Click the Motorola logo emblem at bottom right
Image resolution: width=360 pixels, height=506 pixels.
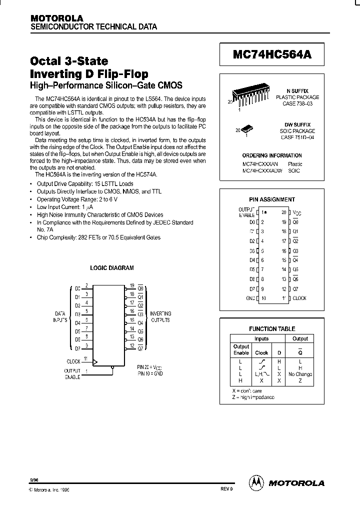[x=256, y=482]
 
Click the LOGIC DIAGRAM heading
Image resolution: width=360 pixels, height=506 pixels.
[x=111, y=268]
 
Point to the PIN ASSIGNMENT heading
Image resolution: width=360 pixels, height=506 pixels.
[x=272, y=199]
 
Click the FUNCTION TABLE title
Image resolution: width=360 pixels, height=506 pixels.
[x=272, y=329]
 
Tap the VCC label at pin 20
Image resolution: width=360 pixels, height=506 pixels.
[x=297, y=213]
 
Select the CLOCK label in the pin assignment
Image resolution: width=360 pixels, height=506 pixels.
[x=299, y=298]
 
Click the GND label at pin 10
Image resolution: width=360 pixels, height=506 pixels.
[x=250, y=298]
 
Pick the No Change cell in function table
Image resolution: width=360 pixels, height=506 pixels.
[x=300, y=374]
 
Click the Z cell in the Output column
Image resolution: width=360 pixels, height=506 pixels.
[x=300, y=380]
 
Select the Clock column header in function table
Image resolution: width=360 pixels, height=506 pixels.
[x=262, y=352]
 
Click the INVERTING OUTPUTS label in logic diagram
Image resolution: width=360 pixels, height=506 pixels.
[x=160, y=316]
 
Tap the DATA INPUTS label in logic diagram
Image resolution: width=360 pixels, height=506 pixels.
[x=60, y=316]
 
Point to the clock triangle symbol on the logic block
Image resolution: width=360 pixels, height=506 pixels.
[x=95, y=361]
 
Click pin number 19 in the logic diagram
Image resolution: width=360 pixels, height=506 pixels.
[x=131, y=285]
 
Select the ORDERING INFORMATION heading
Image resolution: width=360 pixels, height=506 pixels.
[x=272, y=155]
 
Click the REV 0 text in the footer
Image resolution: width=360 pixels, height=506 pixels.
[x=226, y=489]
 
